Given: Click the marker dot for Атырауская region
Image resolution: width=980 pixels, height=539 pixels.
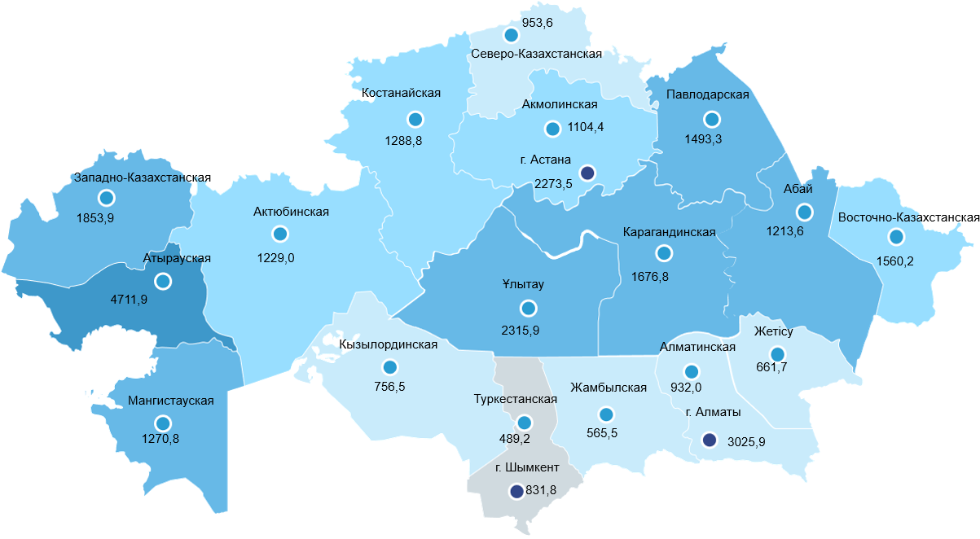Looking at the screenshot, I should pos(163,281).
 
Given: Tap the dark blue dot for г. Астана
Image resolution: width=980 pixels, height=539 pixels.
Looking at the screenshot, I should pos(587,173).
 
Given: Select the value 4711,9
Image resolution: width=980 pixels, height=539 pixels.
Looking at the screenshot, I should pos(129,300).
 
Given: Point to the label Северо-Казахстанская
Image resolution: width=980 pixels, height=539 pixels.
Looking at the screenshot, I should pos(536,54).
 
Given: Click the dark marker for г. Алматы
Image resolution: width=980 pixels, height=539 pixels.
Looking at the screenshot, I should pos(710,440).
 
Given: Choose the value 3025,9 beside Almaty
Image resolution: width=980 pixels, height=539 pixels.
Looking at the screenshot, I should pos(745,441).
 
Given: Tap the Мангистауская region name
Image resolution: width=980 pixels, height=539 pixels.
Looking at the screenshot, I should pos(171,401).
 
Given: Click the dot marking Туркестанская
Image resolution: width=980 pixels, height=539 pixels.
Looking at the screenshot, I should pos(524,423).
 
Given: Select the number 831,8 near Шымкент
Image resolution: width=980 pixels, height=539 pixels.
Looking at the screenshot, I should pos(543,490).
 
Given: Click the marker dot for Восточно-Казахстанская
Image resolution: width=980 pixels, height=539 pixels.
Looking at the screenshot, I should pos(896,237).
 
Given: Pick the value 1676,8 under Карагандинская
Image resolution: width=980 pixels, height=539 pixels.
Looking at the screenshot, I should pos(650,277).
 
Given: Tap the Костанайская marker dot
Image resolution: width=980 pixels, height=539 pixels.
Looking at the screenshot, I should pos(415,120).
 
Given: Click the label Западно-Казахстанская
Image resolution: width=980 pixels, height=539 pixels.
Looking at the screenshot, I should pos(142,177).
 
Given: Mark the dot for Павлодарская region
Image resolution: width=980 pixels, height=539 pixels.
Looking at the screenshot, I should pos(713,120).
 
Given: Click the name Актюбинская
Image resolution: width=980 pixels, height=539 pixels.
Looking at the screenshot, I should pos(291,213).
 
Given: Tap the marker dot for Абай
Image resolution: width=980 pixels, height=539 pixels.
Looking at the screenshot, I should pos(805,213).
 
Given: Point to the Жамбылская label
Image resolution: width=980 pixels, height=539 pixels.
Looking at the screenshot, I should pos(609,388).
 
